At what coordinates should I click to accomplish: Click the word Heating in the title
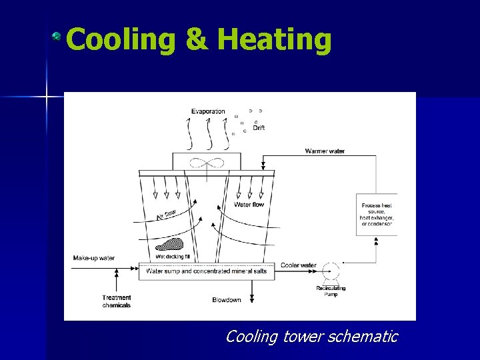[275, 40]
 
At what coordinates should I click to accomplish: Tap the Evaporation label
[208, 111]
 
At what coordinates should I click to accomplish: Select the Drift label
[259, 128]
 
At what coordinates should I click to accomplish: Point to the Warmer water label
[325, 151]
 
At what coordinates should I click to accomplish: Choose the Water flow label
[249, 205]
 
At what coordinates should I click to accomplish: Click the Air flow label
[166, 214]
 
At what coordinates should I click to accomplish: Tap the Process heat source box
[377, 215]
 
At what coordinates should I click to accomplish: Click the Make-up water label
[94, 258]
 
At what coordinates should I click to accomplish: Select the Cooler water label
[298, 265]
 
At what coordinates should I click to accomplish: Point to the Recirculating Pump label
[331, 291]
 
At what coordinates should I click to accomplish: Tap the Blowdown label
[227, 300]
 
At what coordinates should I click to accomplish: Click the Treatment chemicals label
[117, 301]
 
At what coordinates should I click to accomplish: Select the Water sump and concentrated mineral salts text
[206, 271]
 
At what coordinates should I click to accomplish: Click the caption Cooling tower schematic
[311, 337]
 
